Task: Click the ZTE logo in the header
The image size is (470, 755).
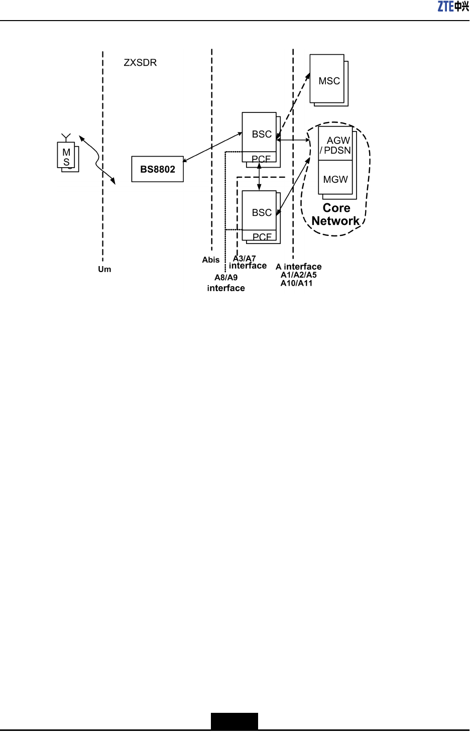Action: coord(453,7)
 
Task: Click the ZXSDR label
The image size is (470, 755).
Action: coord(140,63)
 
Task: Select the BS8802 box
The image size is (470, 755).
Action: coord(157,169)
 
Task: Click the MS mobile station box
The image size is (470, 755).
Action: coord(66,156)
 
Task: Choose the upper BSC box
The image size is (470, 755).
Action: coord(259,133)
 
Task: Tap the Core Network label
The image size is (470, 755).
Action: coord(336,214)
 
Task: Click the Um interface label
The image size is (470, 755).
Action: coord(104,270)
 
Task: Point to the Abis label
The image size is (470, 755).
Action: coord(211,260)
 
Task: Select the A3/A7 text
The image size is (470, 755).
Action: coord(245,259)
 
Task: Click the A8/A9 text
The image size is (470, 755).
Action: coord(226,278)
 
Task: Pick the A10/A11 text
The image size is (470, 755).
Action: coord(296,284)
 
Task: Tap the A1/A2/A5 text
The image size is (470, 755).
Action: coord(298,275)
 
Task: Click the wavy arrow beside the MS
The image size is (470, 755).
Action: coord(97,160)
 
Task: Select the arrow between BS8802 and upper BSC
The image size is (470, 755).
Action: coord(212,147)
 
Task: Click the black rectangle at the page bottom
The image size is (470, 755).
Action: coord(234,721)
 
